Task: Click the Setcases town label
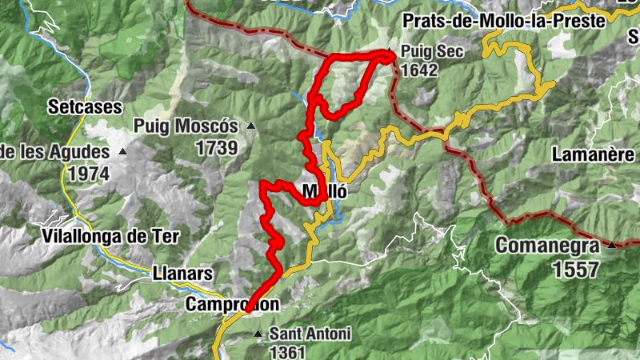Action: (x=84, y=106)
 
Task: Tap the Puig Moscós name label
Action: (x=186, y=126)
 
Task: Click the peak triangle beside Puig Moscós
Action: (x=251, y=126)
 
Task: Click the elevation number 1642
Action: (x=421, y=70)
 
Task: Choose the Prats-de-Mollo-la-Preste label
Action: (x=504, y=22)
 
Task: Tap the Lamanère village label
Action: (x=593, y=153)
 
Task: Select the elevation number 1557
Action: (x=574, y=269)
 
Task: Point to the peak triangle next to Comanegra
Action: (x=612, y=245)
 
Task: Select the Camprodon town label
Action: (x=232, y=304)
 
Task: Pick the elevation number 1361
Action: (x=288, y=351)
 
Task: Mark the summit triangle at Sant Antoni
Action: (x=257, y=333)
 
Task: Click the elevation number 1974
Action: (x=90, y=172)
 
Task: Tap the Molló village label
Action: (x=324, y=191)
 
